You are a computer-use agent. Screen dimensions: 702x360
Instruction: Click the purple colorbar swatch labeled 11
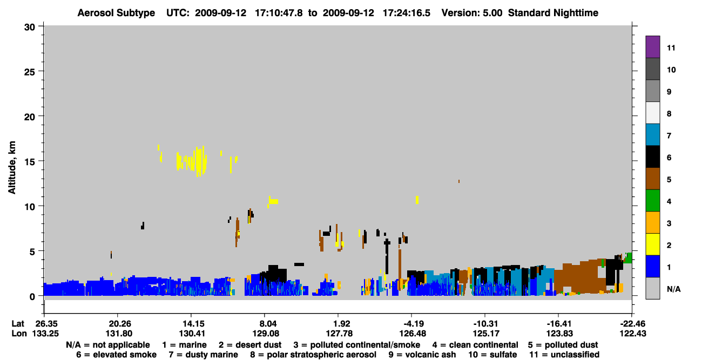click(652, 47)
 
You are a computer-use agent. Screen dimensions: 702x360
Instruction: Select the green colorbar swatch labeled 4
click(652, 201)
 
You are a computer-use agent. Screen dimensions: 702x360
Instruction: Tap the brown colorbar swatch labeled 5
click(652, 179)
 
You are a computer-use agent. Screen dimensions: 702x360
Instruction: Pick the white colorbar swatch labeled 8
click(652, 113)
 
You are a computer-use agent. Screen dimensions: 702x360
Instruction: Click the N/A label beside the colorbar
click(673, 289)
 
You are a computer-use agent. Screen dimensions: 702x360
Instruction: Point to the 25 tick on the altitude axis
click(30, 72)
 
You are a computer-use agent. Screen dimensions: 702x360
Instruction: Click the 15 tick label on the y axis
click(30, 162)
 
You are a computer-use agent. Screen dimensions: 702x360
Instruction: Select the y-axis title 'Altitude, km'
click(12, 168)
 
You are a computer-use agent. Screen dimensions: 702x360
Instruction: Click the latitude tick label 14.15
click(191, 324)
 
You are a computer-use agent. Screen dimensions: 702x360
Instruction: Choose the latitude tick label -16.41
click(559, 324)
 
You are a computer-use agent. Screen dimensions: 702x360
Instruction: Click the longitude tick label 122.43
click(633, 334)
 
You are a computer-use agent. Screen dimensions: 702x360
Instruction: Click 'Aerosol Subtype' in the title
click(116, 13)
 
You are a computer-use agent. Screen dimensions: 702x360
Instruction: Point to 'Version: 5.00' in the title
click(472, 13)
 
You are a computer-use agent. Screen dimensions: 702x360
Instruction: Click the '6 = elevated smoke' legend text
click(116, 355)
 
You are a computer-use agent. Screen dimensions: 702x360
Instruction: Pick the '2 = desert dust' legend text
click(250, 345)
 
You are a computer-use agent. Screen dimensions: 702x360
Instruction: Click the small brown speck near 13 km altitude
click(459, 181)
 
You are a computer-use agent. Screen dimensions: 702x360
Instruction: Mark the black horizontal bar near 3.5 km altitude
click(299, 264)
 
